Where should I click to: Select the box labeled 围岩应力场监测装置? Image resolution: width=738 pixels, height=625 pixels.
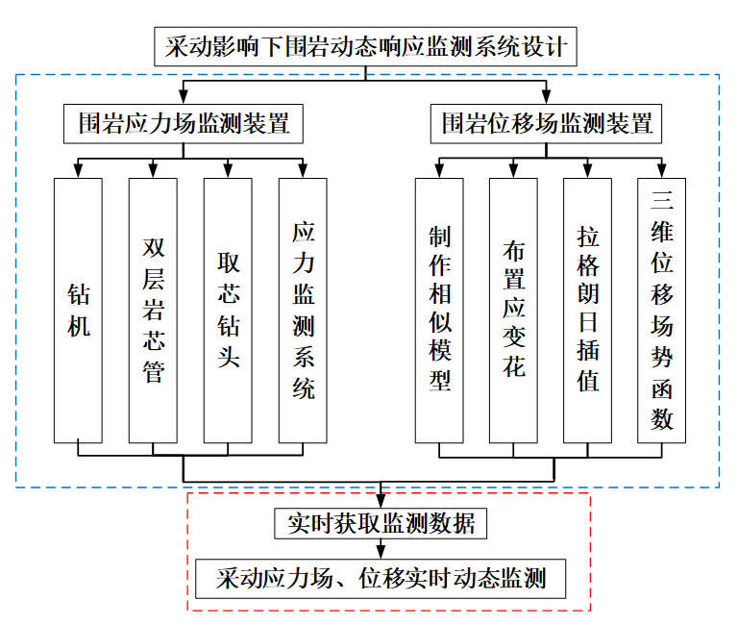pos(184,123)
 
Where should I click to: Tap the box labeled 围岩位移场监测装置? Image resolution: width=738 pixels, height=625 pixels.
pos(548,123)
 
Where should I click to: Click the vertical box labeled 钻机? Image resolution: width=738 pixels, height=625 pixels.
pos(78,310)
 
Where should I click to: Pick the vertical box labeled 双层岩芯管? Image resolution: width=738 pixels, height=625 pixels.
pos(153,310)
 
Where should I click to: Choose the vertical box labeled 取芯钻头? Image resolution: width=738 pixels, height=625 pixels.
pos(228,310)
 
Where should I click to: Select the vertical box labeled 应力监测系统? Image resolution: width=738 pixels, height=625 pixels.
pos(303,310)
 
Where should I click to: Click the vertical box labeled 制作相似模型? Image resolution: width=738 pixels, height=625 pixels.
pos(438,310)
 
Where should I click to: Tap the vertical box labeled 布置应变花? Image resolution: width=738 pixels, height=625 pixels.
pos(513,310)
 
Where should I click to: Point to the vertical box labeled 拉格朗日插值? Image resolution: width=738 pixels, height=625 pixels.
pos(588,310)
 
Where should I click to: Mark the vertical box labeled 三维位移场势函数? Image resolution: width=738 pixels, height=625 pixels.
pos(662,310)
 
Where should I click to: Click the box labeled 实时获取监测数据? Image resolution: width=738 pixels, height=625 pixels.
pos(381,524)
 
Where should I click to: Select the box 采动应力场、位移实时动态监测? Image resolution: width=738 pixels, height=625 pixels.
pos(381,579)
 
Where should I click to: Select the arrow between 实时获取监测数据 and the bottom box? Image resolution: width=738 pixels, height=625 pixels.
pos(381,550)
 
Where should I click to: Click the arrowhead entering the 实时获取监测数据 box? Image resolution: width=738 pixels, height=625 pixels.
pos(381,502)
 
